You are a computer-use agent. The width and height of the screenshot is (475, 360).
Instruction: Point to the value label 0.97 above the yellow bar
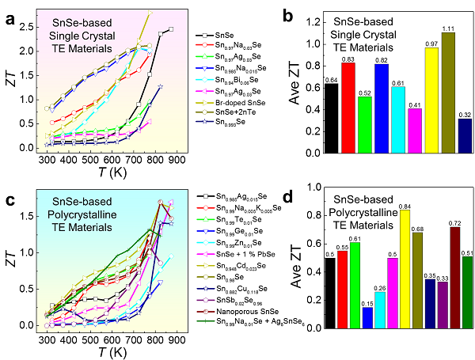coord(431,43)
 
